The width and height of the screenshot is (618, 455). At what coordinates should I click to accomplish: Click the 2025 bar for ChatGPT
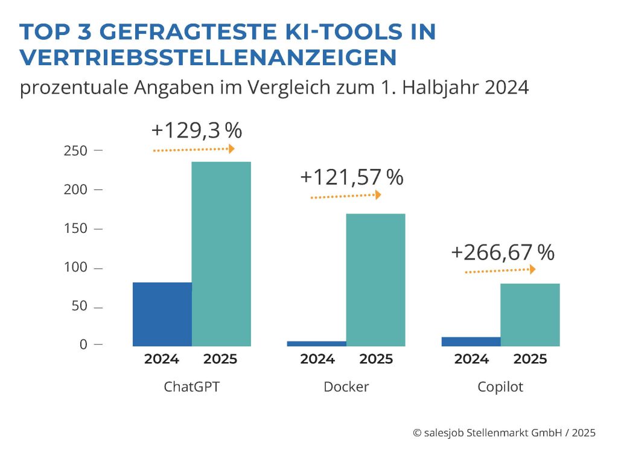point(221,253)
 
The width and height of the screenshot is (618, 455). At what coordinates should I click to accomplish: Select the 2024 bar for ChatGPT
point(162,314)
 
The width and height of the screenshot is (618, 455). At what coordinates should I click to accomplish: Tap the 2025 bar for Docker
point(375,279)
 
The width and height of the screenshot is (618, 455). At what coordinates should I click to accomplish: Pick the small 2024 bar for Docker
point(317,343)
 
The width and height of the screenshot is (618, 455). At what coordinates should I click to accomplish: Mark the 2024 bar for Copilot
point(471,342)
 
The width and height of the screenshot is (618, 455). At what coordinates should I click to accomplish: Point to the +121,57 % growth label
point(351,177)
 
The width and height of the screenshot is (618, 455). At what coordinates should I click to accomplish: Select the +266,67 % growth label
point(502,253)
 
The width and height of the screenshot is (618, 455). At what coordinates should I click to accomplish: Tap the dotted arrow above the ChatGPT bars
point(194,149)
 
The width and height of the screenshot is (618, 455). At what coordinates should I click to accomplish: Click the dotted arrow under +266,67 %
point(500,271)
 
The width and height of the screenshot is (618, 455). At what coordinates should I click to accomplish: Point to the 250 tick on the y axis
point(75,150)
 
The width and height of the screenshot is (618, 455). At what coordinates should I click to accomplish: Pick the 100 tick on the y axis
point(75,267)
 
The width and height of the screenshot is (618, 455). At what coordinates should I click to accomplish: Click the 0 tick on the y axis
point(83,345)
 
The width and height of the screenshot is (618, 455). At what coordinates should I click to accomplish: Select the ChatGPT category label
point(191,387)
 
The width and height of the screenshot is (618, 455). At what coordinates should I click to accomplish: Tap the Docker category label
point(346,387)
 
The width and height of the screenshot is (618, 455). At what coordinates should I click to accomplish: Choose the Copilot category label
point(500,387)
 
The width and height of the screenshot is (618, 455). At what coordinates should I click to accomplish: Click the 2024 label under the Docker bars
point(317,359)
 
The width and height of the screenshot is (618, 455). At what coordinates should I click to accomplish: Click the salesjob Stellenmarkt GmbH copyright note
point(505,432)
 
